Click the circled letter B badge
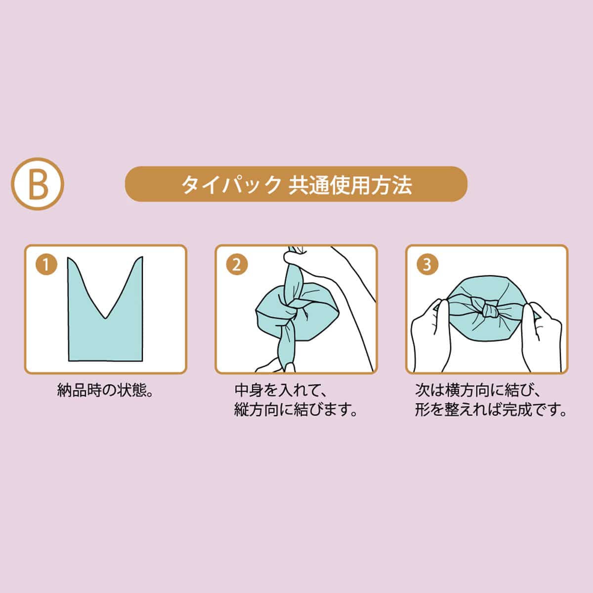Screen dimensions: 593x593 point(38,183)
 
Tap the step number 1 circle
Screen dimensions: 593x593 point(46,265)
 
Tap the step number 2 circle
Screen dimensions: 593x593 point(236,265)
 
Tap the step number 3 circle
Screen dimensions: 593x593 point(427,265)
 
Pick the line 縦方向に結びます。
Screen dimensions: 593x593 point(296,410)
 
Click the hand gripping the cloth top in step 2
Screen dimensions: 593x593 point(301,257)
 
